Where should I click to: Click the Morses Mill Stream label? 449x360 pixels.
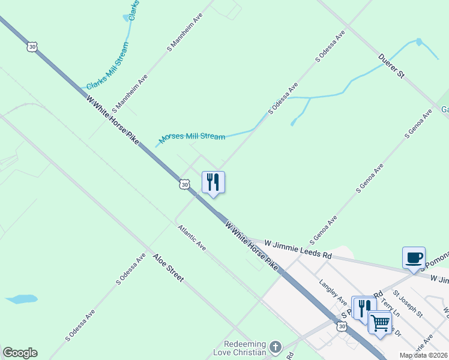[192, 137]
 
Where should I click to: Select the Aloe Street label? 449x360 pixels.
[168, 268]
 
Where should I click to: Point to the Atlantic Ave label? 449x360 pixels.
[191, 238]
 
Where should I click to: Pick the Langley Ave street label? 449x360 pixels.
[334, 292]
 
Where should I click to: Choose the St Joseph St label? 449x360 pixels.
[408, 304]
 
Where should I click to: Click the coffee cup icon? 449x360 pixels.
[414, 258]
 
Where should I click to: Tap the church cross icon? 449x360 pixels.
[275, 347]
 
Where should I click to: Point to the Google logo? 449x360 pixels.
[20, 353]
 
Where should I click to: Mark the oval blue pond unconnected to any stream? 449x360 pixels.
[21, 298]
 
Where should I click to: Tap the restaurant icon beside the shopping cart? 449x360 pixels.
[363, 308]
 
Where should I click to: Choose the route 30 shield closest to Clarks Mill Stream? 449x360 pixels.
[31, 46]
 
